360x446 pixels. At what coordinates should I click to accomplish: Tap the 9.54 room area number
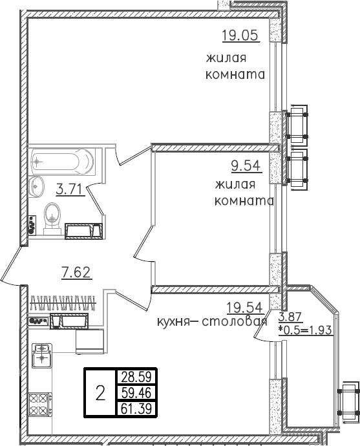[245, 166]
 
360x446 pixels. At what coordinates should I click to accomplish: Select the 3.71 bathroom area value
[69, 189]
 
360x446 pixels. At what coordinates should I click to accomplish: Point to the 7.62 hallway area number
[76, 272]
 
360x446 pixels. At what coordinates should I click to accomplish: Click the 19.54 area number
[244, 308]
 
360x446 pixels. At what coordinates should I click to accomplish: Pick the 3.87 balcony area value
[290, 317]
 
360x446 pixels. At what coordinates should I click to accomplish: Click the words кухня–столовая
[212, 322]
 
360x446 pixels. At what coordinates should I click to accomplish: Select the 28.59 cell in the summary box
[135, 377]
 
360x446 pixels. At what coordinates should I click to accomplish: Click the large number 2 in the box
[100, 392]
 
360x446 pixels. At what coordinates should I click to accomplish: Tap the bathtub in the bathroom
[62, 159]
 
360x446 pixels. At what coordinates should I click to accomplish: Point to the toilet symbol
[52, 215]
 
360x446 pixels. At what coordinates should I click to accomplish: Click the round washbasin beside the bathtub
[36, 186]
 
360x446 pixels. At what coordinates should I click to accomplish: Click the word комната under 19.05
[235, 75]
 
